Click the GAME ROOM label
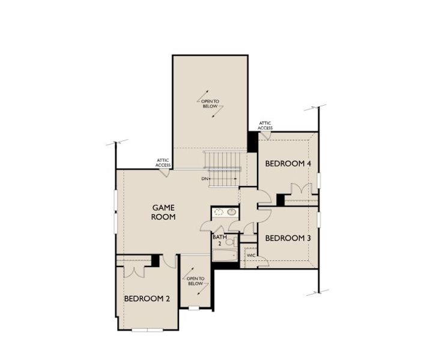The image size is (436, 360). coord(163,212)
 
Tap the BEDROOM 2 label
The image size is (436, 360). coord(147,299)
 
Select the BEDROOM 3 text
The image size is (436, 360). coord(288,238)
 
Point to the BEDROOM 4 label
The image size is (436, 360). coord(288,163)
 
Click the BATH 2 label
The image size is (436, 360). coord(219,240)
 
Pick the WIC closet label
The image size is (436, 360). coord(251,255)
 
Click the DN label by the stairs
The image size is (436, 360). coord(205,179)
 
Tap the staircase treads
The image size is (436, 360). coord(222,169)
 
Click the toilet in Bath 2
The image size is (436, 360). coord(231,242)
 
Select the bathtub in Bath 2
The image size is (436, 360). coord(225,255)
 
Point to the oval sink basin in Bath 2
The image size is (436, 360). coord(232,212)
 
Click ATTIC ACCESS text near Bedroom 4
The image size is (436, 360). coord(265,125)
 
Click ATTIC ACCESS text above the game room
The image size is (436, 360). coord(163,163)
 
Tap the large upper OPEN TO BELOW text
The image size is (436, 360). coord(210,104)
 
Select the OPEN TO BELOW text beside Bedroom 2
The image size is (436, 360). coord(195,281)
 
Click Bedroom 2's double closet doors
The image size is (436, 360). coord(134,272)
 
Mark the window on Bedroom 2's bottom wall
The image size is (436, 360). coord(147,330)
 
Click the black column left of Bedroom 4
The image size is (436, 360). coord(253,142)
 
